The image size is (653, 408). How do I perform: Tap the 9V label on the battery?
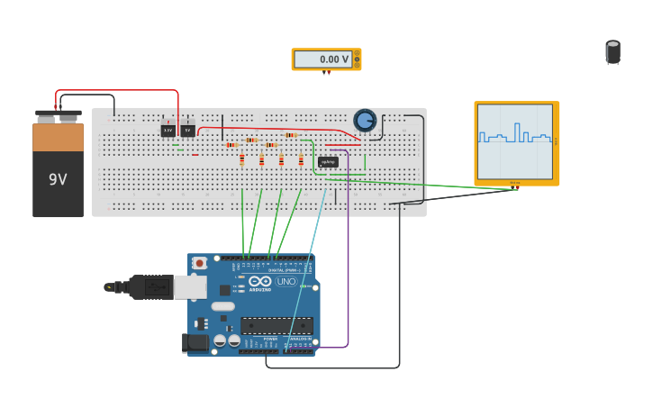click(x=58, y=179)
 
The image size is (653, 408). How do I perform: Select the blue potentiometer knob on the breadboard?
click(x=365, y=120)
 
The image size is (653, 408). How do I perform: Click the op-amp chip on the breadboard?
click(x=328, y=162)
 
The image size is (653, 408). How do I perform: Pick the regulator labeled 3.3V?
click(x=168, y=131)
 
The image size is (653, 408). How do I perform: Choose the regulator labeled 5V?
click(x=187, y=131)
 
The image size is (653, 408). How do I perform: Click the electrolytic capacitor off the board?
click(x=612, y=52)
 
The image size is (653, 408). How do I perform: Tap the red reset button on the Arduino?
click(x=199, y=263)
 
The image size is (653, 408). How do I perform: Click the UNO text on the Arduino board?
click(x=286, y=282)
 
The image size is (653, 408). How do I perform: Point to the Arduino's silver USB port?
click(x=189, y=287)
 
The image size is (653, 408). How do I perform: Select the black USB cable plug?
click(x=150, y=287)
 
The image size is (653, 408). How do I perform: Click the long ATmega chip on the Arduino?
click(x=277, y=325)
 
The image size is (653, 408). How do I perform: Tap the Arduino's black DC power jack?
click(x=195, y=342)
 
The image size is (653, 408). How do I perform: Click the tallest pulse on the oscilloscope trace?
click(x=517, y=131)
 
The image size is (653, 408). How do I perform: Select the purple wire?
click(x=348, y=270)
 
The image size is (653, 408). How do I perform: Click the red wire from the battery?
click(x=117, y=91)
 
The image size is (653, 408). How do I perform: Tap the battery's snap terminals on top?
click(x=58, y=115)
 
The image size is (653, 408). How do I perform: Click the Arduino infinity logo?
click(x=260, y=281)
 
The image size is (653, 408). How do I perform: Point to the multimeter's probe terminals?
click(x=326, y=73)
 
